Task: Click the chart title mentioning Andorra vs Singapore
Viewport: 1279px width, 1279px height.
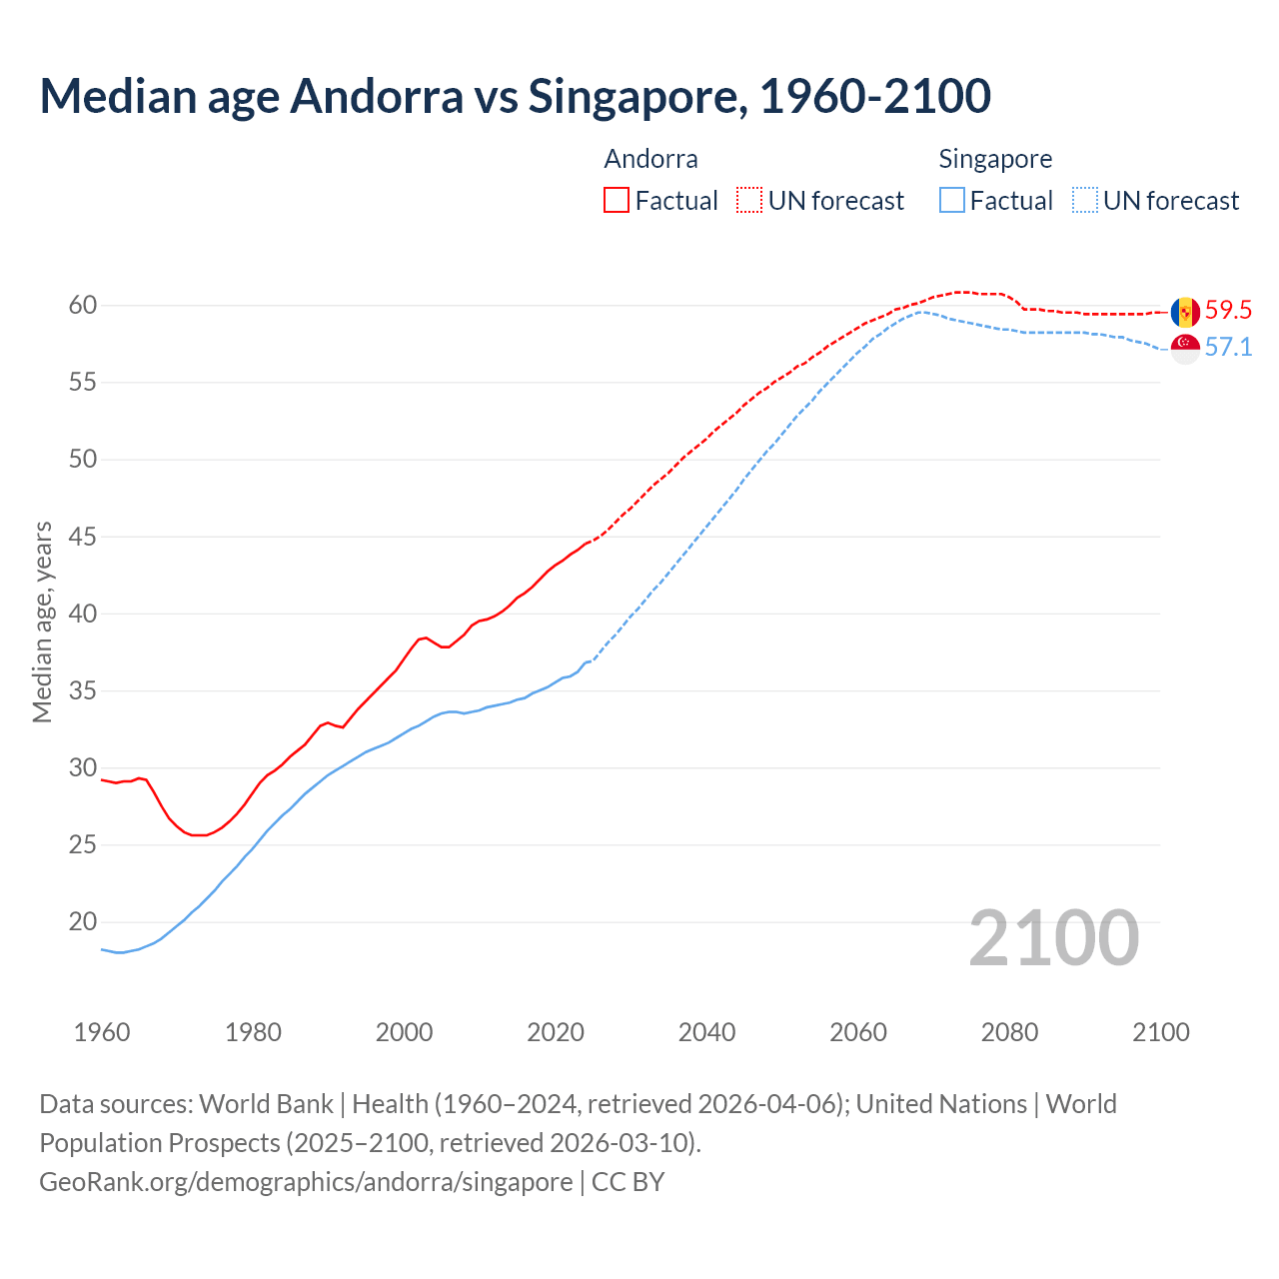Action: pyautogui.click(x=515, y=96)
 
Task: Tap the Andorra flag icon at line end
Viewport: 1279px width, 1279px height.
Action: pyautogui.click(x=1185, y=312)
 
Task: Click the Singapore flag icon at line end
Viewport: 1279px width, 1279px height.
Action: pyautogui.click(x=1185, y=349)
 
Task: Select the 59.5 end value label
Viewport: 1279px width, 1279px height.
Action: pyautogui.click(x=1228, y=311)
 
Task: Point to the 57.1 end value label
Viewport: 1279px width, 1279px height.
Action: pyautogui.click(x=1228, y=348)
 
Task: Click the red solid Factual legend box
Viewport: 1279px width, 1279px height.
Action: pyautogui.click(x=617, y=200)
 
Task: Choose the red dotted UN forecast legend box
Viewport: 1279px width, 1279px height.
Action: pyautogui.click(x=749, y=200)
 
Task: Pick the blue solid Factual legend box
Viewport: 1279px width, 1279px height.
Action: pyautogui.click(x=952, y=200)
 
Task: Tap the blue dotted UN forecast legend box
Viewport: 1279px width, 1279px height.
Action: pyautogui.click(x=1084, y=200)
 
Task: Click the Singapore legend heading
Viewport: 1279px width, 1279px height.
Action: pyautogui.click(x=995, y=159)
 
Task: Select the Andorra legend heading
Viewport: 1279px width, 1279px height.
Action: pyautogui.click(x=650, y=159)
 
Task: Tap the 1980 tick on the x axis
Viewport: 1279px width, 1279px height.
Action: pyautogui.click(x=253, y=1032)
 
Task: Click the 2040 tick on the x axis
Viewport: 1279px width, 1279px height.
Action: pyautogui.click(x=706, y=1032)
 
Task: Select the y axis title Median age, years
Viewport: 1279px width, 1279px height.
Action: pyautogui.click(x=42, y=622)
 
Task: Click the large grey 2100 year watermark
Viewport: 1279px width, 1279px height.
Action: pyautogui.click(x=1053, y=938)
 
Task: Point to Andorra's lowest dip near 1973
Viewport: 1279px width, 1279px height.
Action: pyautogui.click(x=199, y=834)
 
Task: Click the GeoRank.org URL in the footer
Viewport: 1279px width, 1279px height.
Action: pyautogui.click(x=306, y=1182)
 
